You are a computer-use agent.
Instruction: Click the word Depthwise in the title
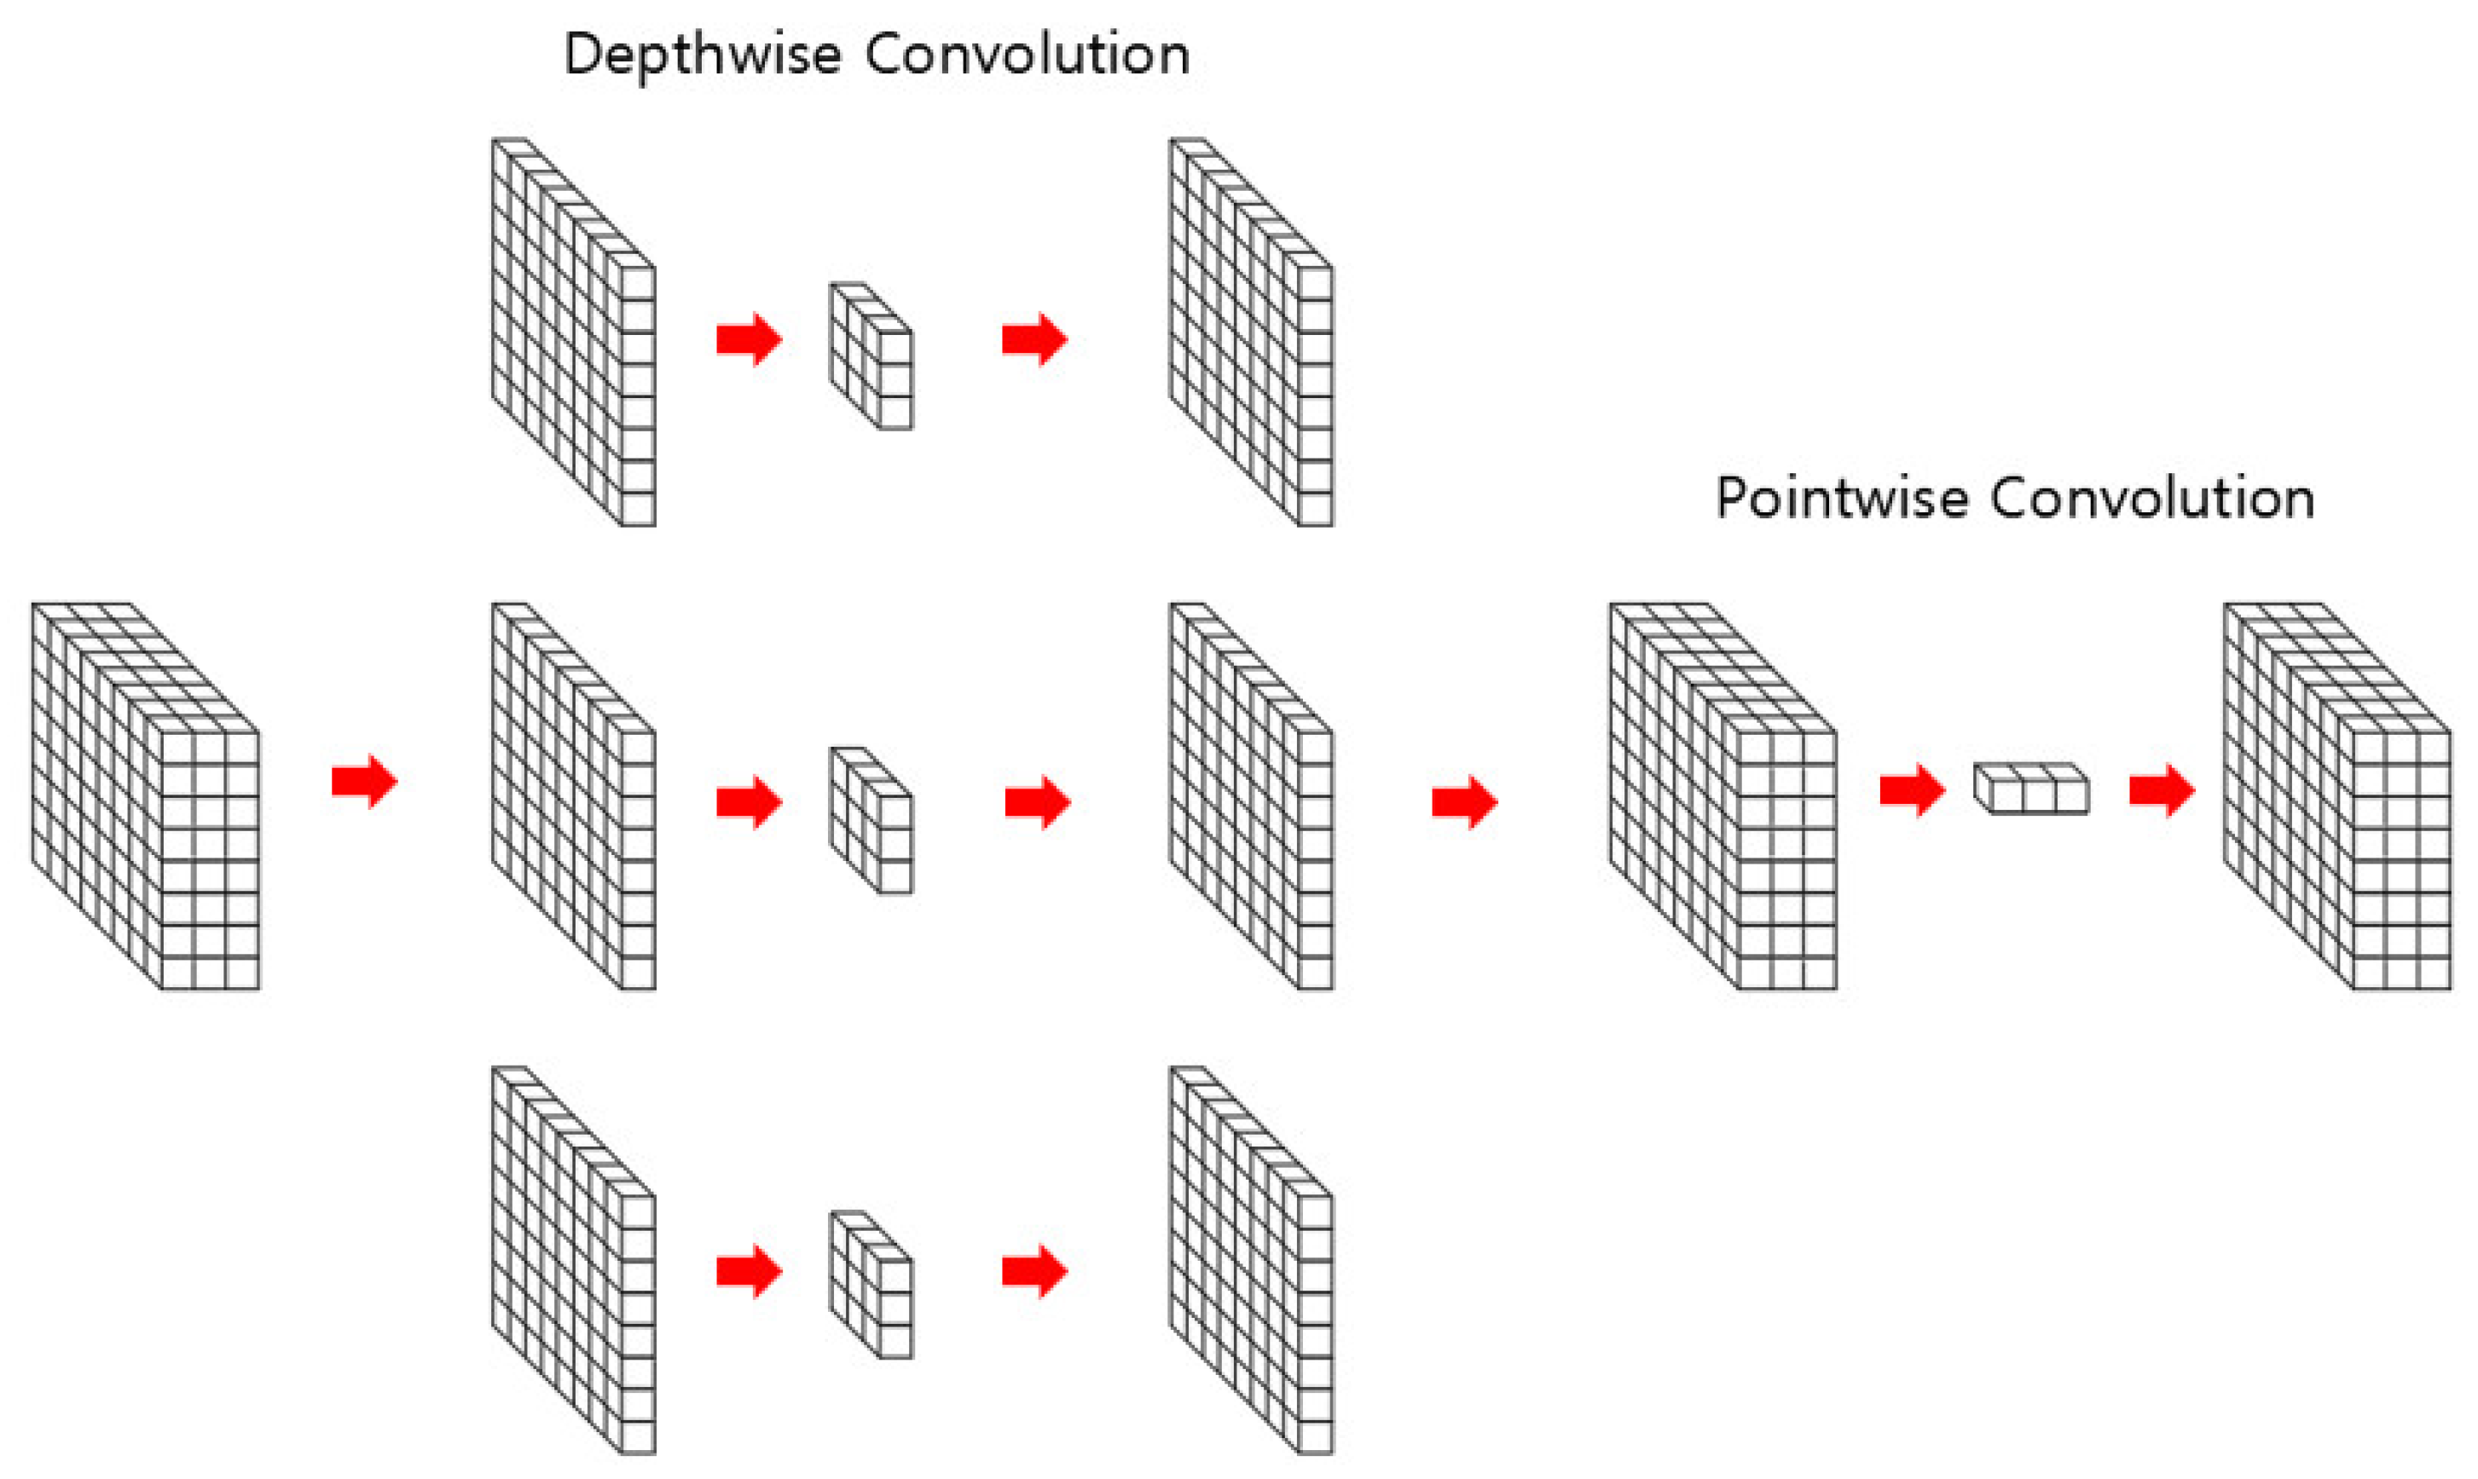point(702,55)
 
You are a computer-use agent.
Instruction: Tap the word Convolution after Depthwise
point(1028,55)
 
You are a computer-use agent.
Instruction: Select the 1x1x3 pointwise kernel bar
point(2031,789)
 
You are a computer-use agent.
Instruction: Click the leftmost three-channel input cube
point(147,797)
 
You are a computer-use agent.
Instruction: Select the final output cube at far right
point(2338,797)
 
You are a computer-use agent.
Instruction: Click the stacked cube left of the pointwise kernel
point(1723,797)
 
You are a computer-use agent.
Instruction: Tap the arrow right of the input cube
point(365,782)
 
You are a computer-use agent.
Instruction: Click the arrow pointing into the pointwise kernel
point(1912,791)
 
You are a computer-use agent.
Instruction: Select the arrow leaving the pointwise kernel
point(2161,791)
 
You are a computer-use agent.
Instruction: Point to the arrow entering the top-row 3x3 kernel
point(749,340)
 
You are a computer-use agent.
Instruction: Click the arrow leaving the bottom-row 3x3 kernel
point(1034,1272)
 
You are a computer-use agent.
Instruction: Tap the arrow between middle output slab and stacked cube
point(1464,802)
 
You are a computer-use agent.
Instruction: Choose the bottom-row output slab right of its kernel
point(1252,1262)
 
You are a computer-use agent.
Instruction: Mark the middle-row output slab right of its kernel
point(1252,797)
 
